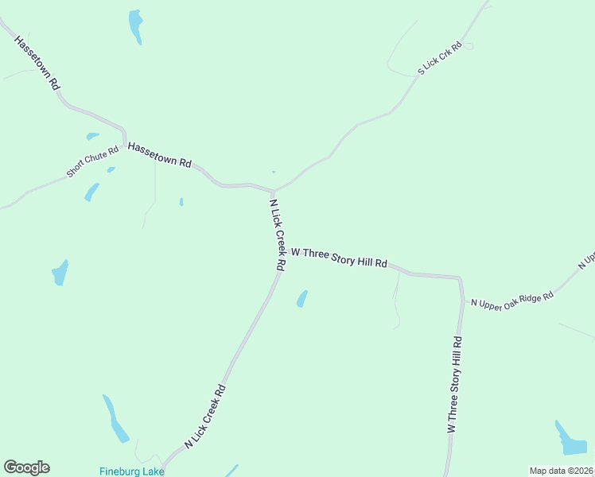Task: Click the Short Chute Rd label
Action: click(92, 161)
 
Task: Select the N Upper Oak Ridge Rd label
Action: click(511, 300)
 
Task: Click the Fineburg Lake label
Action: click(132, 471)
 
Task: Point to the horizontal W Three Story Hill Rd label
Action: click(339, 257)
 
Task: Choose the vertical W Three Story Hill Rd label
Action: click(453, 384)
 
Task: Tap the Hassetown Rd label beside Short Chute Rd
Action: click(160, 154)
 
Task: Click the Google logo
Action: click(26, 467)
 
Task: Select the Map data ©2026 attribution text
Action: click(561, 471)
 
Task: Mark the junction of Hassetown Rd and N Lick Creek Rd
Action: click(274, 191)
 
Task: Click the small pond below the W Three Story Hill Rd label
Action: click(302, 298)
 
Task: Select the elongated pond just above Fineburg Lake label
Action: click(115, 418)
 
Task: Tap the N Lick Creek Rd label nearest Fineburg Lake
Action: click(206, 417)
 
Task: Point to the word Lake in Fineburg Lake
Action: click(154, 471)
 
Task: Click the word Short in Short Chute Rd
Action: click(76, 169)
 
